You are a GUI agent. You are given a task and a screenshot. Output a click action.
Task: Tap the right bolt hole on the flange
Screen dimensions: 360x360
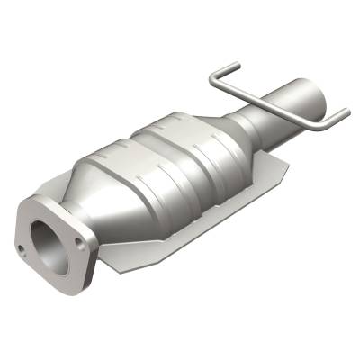coord(82,241)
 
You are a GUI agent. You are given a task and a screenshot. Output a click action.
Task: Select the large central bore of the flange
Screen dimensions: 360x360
coord(48,242)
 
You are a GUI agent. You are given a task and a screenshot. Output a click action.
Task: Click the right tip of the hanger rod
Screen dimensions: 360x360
coord(346,112)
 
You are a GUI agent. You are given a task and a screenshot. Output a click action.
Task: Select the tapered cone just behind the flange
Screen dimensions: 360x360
coord(99,193)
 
